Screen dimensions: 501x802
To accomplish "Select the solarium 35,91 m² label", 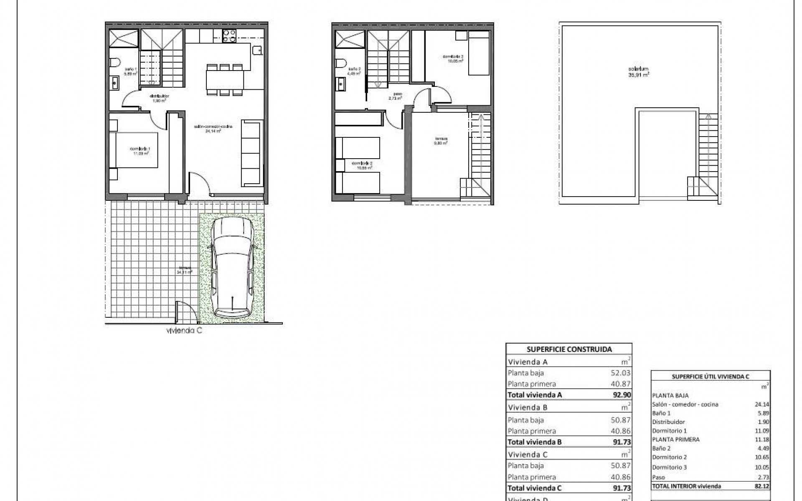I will pos(640,72).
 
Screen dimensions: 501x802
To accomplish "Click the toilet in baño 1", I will pos(115,63).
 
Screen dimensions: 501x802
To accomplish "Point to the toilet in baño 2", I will pos(340,63).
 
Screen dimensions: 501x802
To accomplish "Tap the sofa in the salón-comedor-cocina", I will pos(252,154).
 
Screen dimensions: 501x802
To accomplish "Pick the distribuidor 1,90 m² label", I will pos(159,98).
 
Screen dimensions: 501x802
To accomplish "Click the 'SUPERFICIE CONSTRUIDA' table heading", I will pos(569,349).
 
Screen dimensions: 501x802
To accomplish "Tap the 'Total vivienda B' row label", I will pos(535,442).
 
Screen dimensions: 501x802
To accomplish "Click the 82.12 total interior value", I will pos(762,486).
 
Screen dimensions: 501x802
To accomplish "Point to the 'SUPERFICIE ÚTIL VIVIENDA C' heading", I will pos(710,376).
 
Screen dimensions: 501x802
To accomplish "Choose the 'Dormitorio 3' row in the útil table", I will pos(669,467).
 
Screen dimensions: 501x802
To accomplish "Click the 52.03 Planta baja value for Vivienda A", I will pos(621,373).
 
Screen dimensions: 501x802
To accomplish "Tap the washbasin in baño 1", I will pos(115,84).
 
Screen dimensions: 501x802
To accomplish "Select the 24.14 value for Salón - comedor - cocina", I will pos(762,404).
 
